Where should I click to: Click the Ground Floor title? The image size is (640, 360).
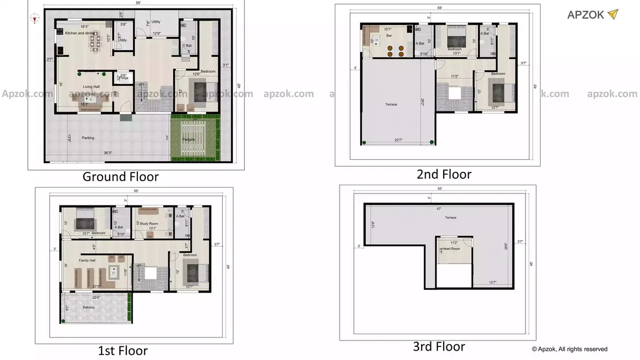(x=120, y=176)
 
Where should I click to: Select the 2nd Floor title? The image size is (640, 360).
(x=444, y=174)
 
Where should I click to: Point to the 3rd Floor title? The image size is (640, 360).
(x=439, y=346)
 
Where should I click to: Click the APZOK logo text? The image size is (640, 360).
(x=585, y=15)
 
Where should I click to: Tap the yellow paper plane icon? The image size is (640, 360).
(x=613, y=14)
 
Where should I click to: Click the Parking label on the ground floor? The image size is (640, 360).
(x=88, y=138)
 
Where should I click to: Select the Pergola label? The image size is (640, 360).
(x=188, y=139)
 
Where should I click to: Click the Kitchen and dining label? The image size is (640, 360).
(x=80, y=33)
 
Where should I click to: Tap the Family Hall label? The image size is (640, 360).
(x=87, y=261)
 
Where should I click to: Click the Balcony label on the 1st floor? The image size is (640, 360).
(x=88, y=307)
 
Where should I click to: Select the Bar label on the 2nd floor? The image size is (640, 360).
(x=389, y=36)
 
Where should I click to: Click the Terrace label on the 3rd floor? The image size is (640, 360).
(x=450, y=217)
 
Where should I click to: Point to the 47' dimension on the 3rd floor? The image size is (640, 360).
(x=439, y=208)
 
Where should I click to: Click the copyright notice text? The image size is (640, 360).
(x=569, y=349)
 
